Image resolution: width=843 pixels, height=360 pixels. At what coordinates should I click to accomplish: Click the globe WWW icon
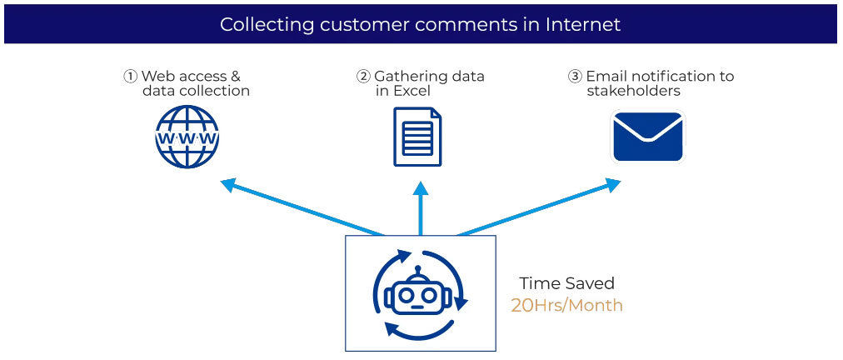[x=187, y=137]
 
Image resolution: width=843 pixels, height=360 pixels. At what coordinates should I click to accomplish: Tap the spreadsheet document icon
[x=417, y=137]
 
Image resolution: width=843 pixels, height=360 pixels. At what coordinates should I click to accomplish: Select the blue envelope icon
[x=648, y=137]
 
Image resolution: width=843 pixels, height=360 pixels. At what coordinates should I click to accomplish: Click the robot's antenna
[x=420, y=272]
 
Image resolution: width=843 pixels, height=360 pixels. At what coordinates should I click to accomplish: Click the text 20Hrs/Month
[x=566, y=306]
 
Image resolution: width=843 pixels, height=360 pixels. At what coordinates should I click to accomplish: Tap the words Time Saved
[x=566, y=283]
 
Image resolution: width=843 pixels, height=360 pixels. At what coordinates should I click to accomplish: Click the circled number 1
[x=131, y=77]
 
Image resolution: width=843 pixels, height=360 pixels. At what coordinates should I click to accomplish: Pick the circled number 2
[x=363, y=77]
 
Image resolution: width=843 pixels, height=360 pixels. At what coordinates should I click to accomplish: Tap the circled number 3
[x=575, y=77]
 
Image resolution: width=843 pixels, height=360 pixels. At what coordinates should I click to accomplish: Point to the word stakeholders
[x=633, y=91]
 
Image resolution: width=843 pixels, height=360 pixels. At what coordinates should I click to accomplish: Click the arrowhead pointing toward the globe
[x=228, y=184]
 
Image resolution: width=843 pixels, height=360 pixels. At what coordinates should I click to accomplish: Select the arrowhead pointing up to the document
[x=421, y=188]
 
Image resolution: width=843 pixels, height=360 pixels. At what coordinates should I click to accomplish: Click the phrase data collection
[x=197, y=91]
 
